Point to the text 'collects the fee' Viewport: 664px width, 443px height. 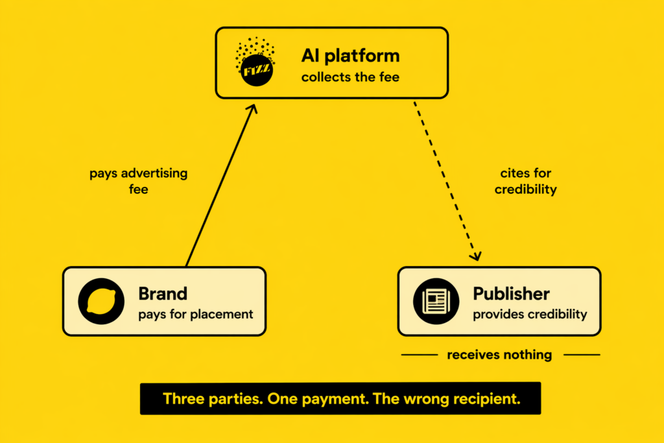click(x=350, y=78)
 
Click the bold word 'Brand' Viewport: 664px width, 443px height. click(x=163, y=293)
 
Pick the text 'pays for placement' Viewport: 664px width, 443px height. click(x=195, y=315)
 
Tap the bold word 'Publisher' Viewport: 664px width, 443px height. click(x=511, y=293)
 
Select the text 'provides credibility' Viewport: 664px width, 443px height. click(x=530, y=315)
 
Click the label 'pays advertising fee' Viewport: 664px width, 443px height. click(x=138, y=181)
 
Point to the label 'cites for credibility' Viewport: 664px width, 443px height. click(x=525, y=181)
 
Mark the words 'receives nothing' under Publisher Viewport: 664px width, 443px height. click(x=499, y=355)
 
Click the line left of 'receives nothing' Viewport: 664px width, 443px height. click(x=420, y=355)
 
